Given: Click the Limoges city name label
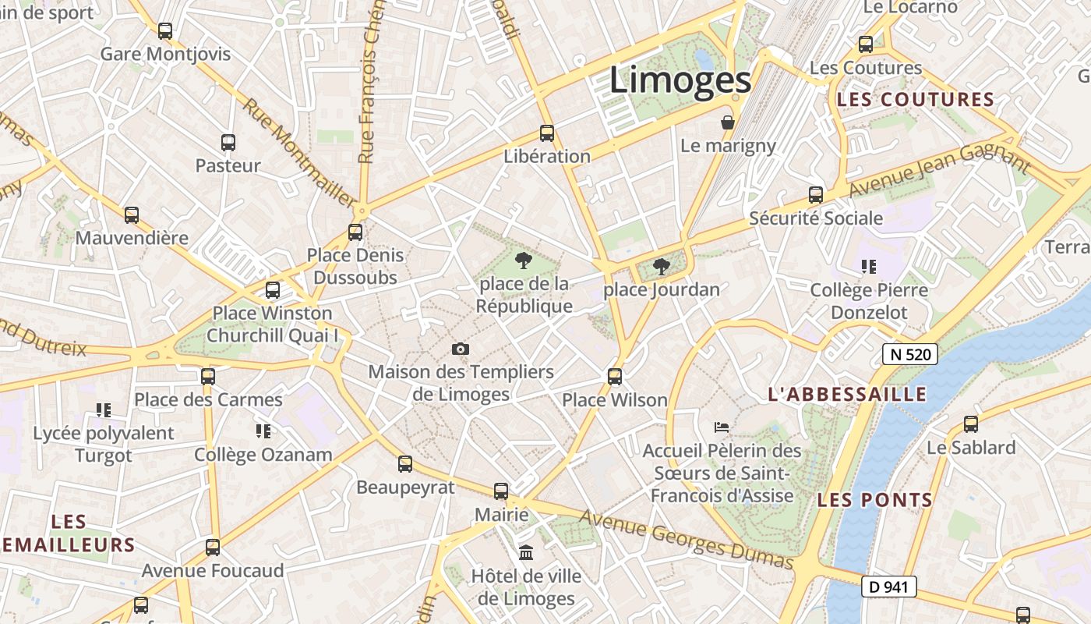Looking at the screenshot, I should coord(680,80).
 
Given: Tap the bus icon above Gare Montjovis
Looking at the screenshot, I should coord(165,31).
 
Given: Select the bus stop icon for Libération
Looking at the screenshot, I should coord(547,133).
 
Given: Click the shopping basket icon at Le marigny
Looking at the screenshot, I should coord(728,122).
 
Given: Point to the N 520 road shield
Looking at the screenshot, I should coord(909,354).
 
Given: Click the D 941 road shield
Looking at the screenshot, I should coord(888,587).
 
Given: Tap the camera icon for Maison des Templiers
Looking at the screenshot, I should coord(461,349).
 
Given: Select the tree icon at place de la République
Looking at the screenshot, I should coord(524,261).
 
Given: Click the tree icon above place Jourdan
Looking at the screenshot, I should coord(662,267).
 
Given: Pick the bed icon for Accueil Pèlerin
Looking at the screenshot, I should coord(722,427).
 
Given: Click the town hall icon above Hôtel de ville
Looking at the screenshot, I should coord(526,553).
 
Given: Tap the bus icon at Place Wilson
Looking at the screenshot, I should coord(615,377).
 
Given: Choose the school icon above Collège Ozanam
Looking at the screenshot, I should coord(263,431).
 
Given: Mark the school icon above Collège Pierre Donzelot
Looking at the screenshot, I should coord(869,267).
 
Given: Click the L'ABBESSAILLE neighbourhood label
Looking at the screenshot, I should coord(848,395).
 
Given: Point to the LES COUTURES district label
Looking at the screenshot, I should coord(916,100).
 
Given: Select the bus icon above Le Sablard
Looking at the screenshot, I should coord(971,424).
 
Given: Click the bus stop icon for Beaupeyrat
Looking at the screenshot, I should coord(405,464).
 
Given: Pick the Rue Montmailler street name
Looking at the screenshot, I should coord(298,151).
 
